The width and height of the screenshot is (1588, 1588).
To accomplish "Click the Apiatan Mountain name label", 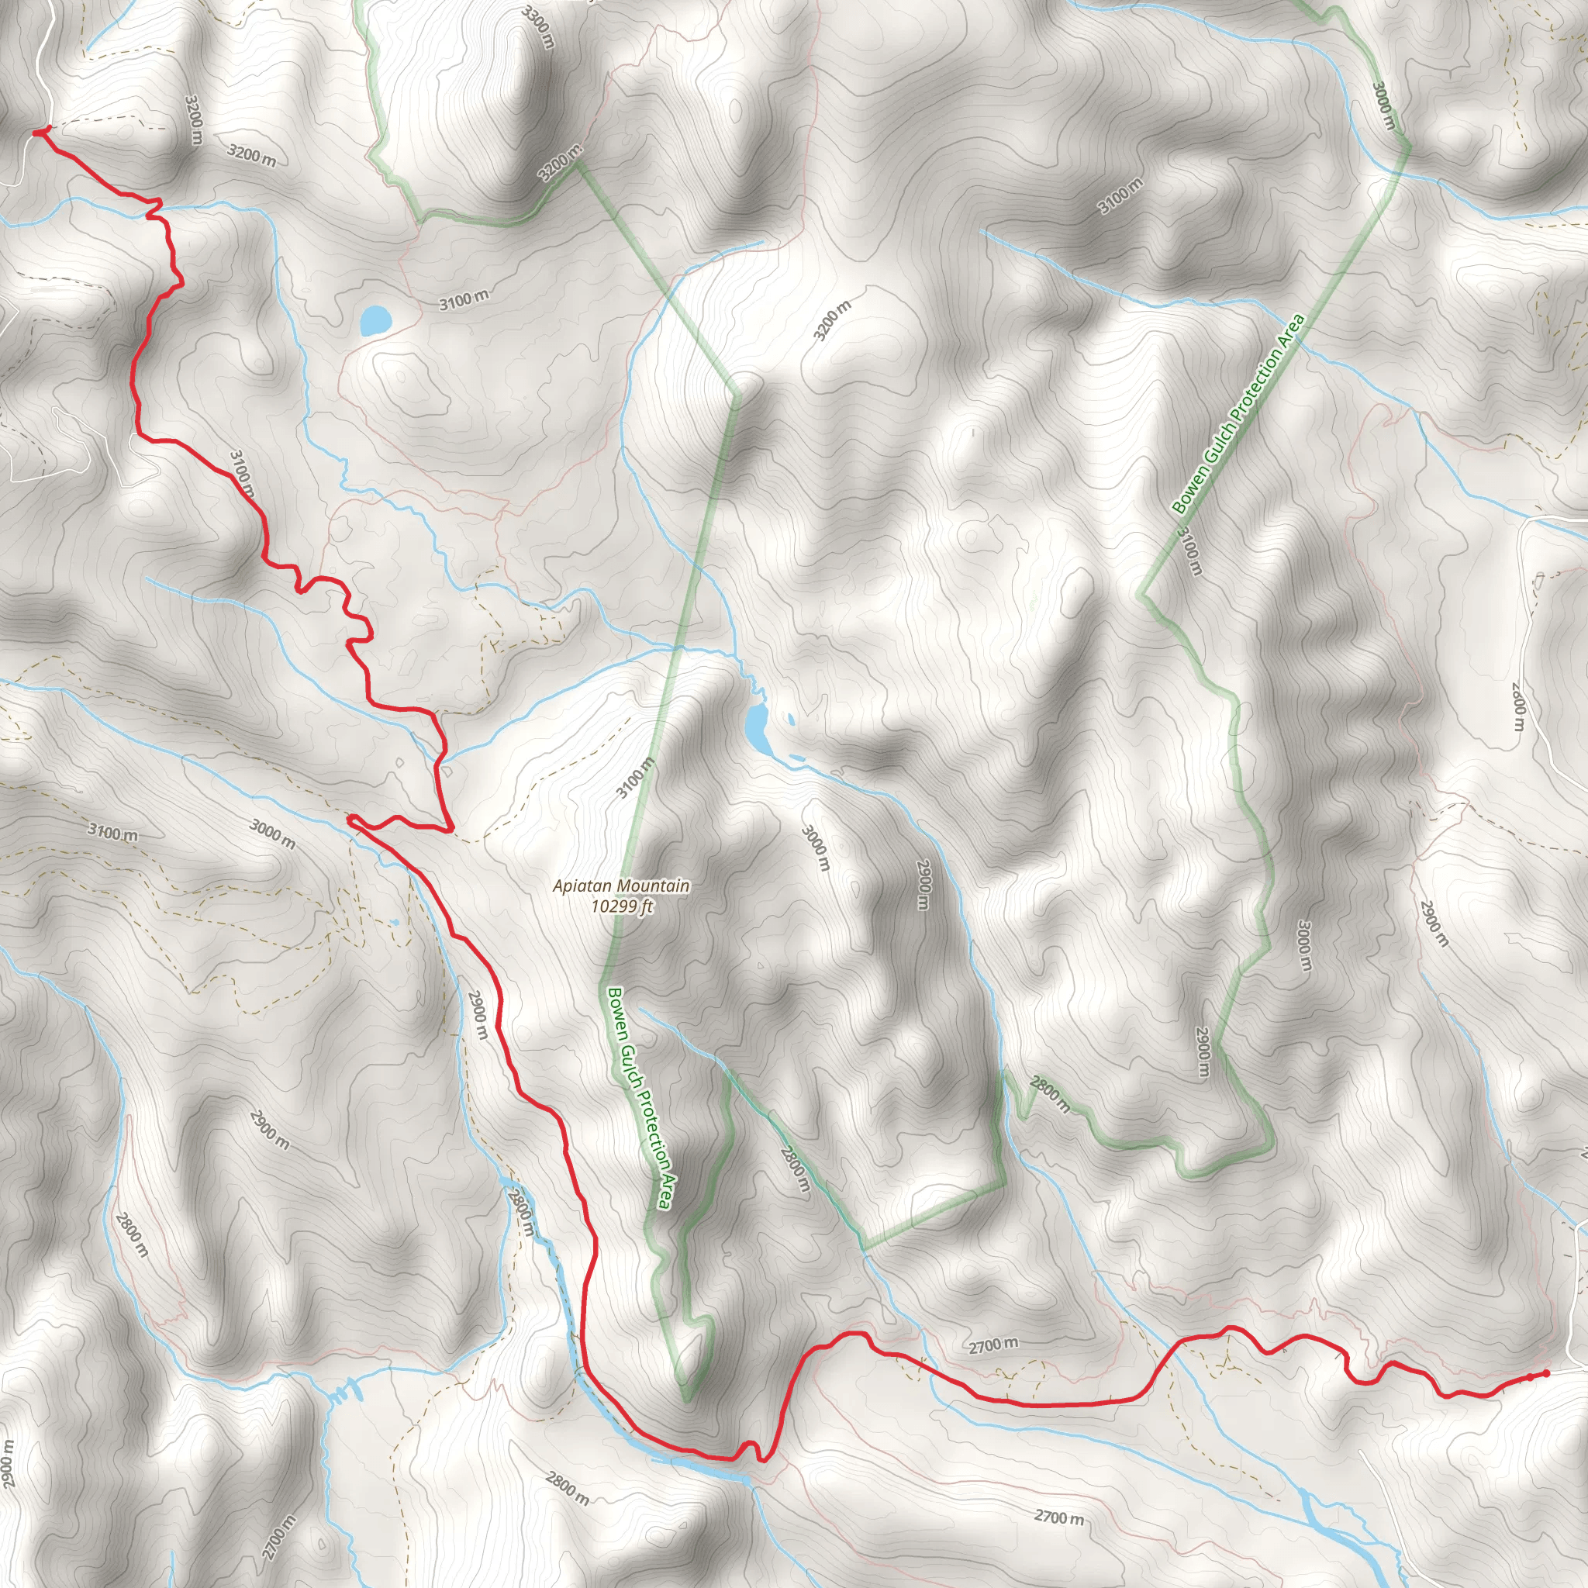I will tap(620, 886).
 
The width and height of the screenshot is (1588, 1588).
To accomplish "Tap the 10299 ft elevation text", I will tap(621, 906).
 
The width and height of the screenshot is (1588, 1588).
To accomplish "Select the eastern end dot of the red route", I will tap(1546, 1372).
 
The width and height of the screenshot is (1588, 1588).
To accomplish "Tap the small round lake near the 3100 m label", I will tap(375, 319).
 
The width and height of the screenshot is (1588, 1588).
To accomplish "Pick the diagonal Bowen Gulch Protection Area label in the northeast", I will tap(1238, 415).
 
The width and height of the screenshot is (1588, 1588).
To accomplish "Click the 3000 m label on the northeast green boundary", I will tap(1384, 106).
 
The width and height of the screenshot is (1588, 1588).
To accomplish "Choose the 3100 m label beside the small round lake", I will tap(464, 300).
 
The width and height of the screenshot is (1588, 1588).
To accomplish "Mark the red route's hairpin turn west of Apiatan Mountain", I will tap(352, 819).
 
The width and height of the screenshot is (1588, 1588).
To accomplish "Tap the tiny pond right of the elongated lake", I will tap(791, 720).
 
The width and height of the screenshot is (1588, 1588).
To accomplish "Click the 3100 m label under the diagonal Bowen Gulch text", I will tap(1189, 551).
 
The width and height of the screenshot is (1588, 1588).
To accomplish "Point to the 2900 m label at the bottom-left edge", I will tap(9, 1464).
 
